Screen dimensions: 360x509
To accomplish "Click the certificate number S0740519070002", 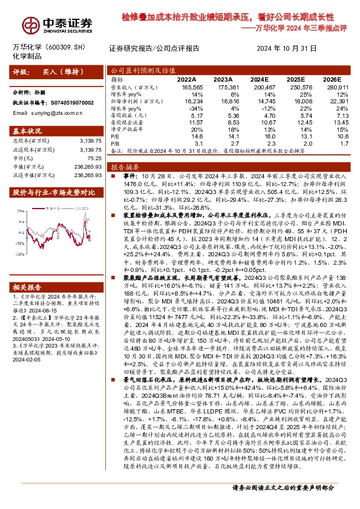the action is coord(71,103).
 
